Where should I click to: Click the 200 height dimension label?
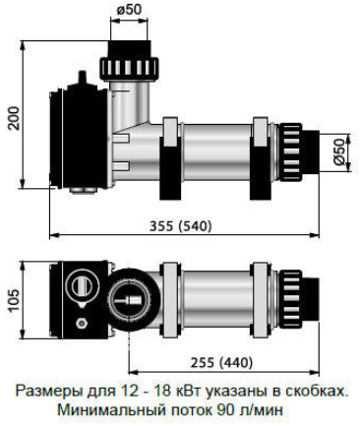[x=14, y=118]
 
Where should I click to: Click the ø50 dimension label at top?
[x=129, y=10]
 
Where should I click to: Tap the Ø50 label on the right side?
[x=340, y=152]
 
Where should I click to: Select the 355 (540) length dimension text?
[x=181, y=226]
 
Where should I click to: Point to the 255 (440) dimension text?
[x=222, y=363]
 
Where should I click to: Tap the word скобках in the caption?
[x=316, y=392]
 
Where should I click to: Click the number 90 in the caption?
[x=225, y=410]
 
